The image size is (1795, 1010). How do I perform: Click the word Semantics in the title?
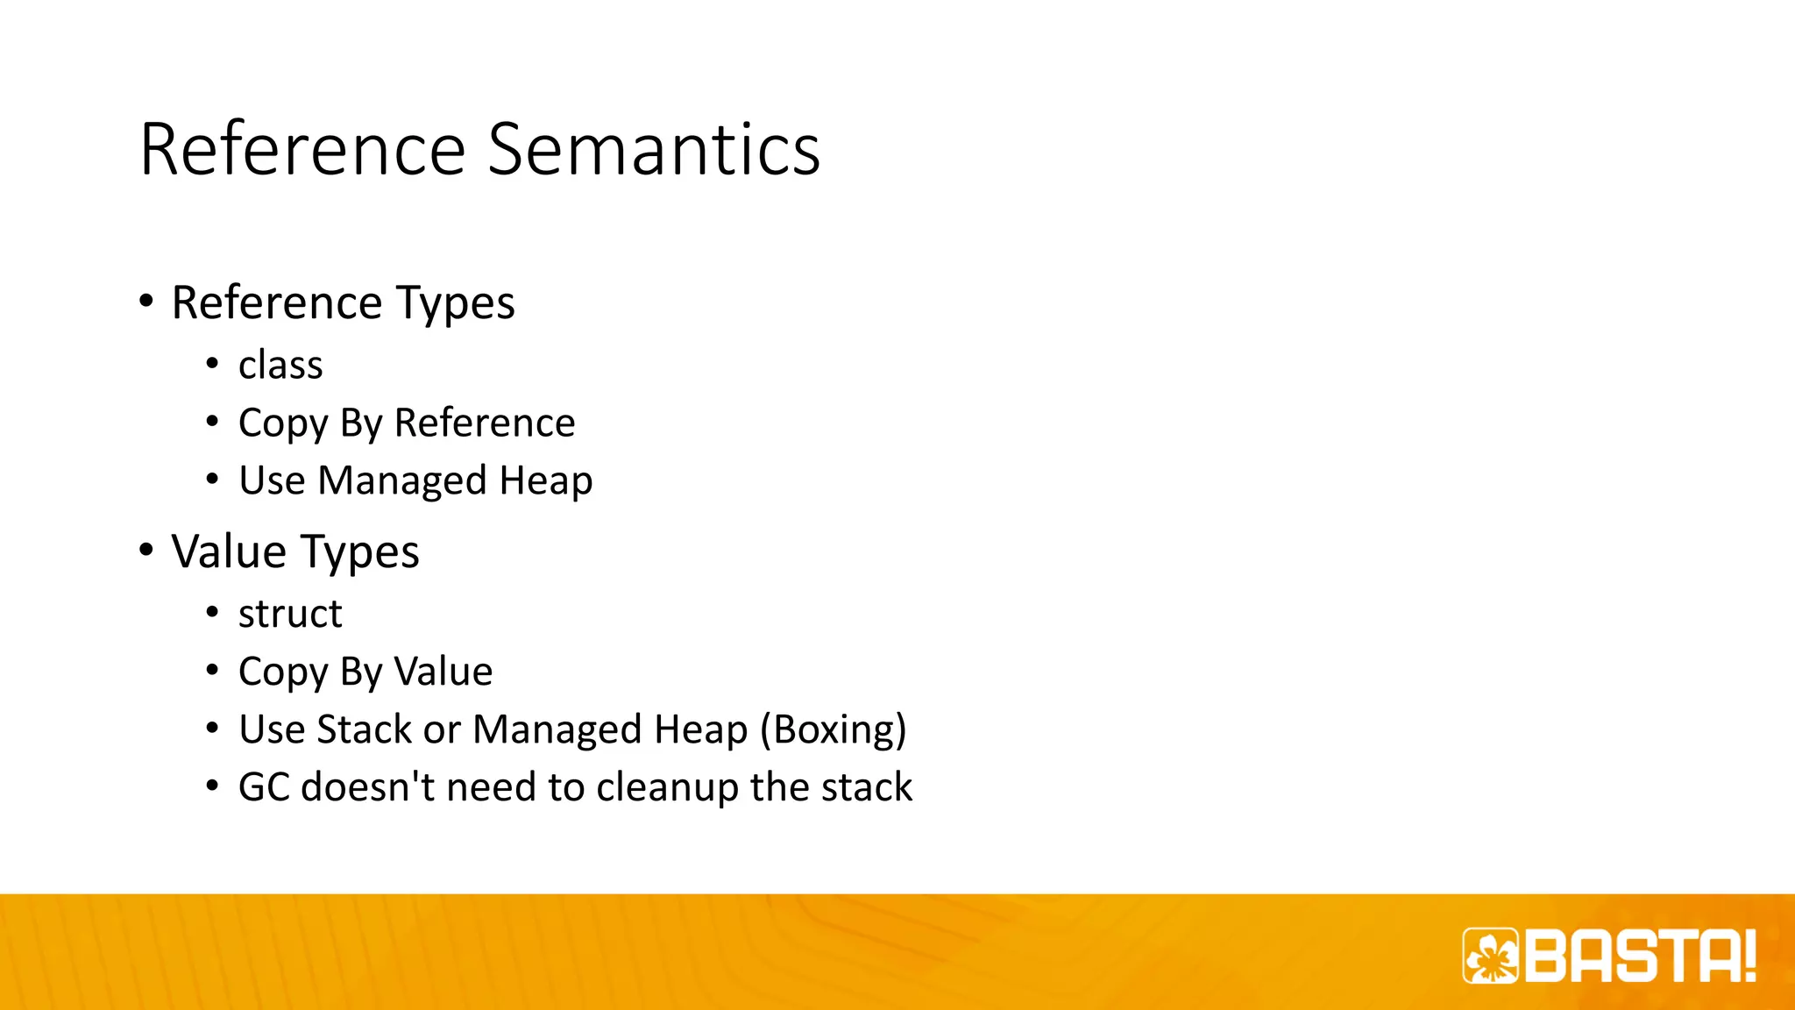click(x=653, y=149)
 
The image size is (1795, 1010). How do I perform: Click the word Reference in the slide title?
click(x=302, y=149)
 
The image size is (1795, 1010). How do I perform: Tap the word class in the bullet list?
click(x=280, y=365)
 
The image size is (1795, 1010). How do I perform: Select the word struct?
click(x=290, y=614)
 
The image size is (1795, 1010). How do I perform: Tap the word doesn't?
click(x=368, y=787)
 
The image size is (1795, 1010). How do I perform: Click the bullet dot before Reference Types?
click(x=146, y=301)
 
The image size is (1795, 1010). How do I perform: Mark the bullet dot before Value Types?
click(x=146, y=550)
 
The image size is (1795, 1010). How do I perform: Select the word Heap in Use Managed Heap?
click(x=545, y=480)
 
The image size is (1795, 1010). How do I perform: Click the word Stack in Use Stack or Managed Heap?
click(x=364, y=729)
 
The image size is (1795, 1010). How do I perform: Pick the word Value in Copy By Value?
click(x=443, y=672)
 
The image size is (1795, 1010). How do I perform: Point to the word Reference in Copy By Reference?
click(x=485, y=423)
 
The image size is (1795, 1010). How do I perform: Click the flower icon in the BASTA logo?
click(x=1490, y=956)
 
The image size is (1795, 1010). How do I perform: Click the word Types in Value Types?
click(x=360, y=551)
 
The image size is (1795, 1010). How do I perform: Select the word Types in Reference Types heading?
click(x=456, y=302)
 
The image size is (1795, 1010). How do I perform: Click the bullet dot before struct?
click(x=212, y=612)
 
